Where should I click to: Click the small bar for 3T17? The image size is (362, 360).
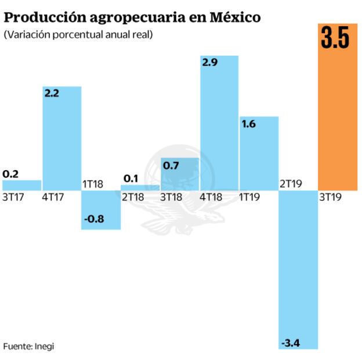tap(21, 185)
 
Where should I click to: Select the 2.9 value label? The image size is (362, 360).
tap(210, 63)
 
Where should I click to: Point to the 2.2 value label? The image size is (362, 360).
tap(54, 93)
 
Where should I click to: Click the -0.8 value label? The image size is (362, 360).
tap(94, 219)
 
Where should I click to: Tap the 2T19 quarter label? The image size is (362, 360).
tap(291, 184)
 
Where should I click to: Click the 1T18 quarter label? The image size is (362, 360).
tap(92, 184)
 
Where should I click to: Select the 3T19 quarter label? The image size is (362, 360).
tap(331, 197)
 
